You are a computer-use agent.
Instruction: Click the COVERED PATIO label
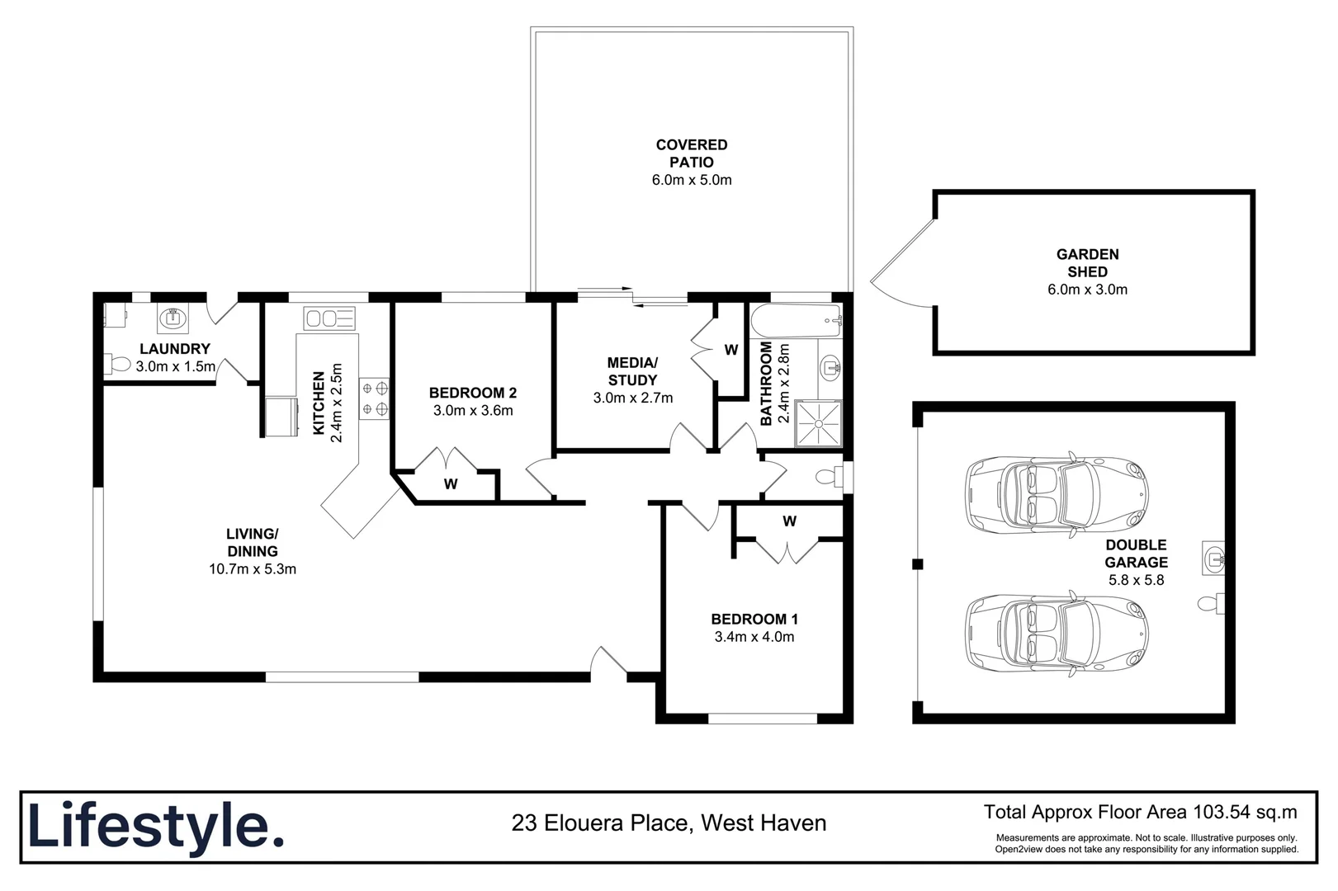pos(692,153)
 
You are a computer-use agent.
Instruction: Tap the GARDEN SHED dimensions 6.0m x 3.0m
pos(1087,290)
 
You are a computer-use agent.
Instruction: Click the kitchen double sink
pos(329,318)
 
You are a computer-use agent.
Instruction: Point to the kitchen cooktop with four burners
pos(375,398)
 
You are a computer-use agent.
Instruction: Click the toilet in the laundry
pos(118,364)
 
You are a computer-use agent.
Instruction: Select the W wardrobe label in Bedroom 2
pos(451,484)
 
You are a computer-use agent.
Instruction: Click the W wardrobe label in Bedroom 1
pos(789,521)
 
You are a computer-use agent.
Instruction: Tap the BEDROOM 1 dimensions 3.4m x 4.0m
pos(754,637)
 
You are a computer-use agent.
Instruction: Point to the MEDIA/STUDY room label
pos(632,371)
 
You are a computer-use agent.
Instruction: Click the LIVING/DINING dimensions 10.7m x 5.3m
pos(253,569)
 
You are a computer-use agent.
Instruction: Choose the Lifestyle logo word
pos(155,826)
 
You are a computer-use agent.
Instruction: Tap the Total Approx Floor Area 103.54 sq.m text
pos(1140,812)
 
